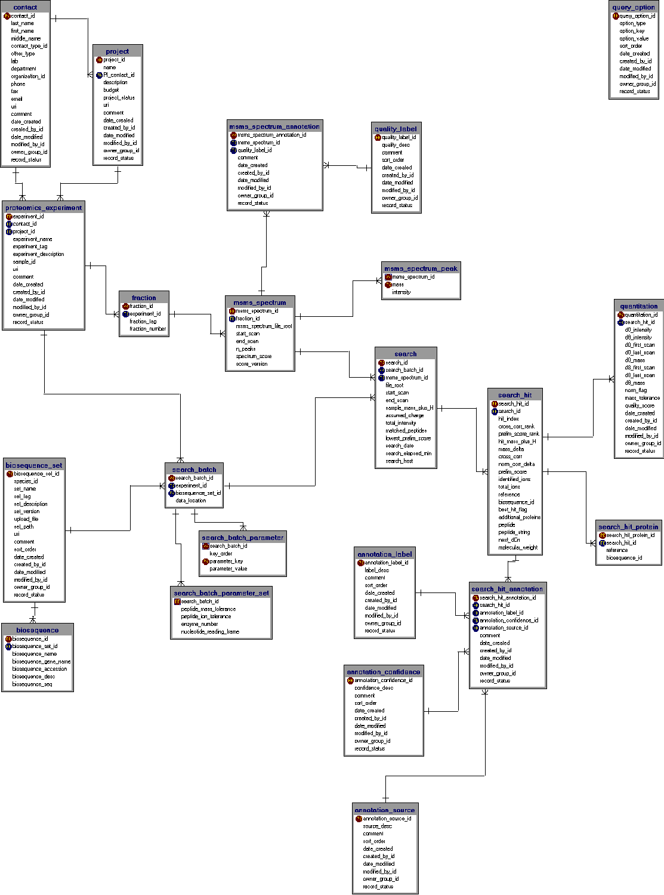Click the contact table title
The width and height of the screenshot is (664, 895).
25,7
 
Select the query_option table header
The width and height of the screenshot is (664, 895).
633,7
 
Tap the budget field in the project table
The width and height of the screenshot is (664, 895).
111,90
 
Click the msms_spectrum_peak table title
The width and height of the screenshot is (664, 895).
421,268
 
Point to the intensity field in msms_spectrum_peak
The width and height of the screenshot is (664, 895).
401,292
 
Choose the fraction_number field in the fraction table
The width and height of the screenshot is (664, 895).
147,329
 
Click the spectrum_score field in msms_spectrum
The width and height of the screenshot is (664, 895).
254,356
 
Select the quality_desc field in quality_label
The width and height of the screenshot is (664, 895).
396,145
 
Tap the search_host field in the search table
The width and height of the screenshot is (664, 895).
399,461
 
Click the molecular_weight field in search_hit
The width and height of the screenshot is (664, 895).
518,547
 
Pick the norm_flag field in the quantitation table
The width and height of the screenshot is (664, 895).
635,390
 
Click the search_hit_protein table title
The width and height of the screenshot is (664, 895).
628,527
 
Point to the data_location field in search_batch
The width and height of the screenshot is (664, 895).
191,501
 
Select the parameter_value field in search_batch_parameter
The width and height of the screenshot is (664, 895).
228,569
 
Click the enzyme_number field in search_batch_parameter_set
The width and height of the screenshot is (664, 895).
199,624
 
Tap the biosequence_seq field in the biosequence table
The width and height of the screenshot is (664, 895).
32,684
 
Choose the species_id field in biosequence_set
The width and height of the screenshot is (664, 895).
26,481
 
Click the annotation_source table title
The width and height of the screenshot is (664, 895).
384,810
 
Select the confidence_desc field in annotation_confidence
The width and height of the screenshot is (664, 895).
373,688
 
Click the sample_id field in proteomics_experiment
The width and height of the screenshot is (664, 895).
24,261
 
